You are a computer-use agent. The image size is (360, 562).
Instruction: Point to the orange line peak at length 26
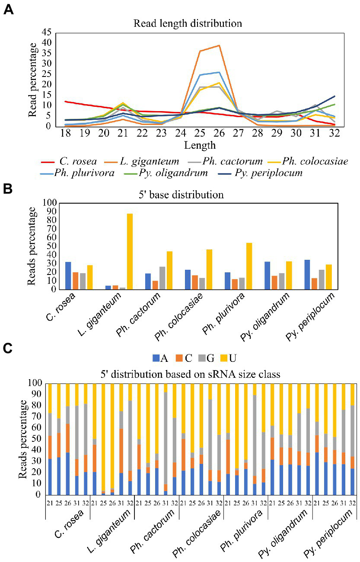pos(220,45)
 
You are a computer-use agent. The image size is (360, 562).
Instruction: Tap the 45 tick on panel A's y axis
pos(46,32)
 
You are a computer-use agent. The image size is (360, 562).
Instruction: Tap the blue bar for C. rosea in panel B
pos(68,275)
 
